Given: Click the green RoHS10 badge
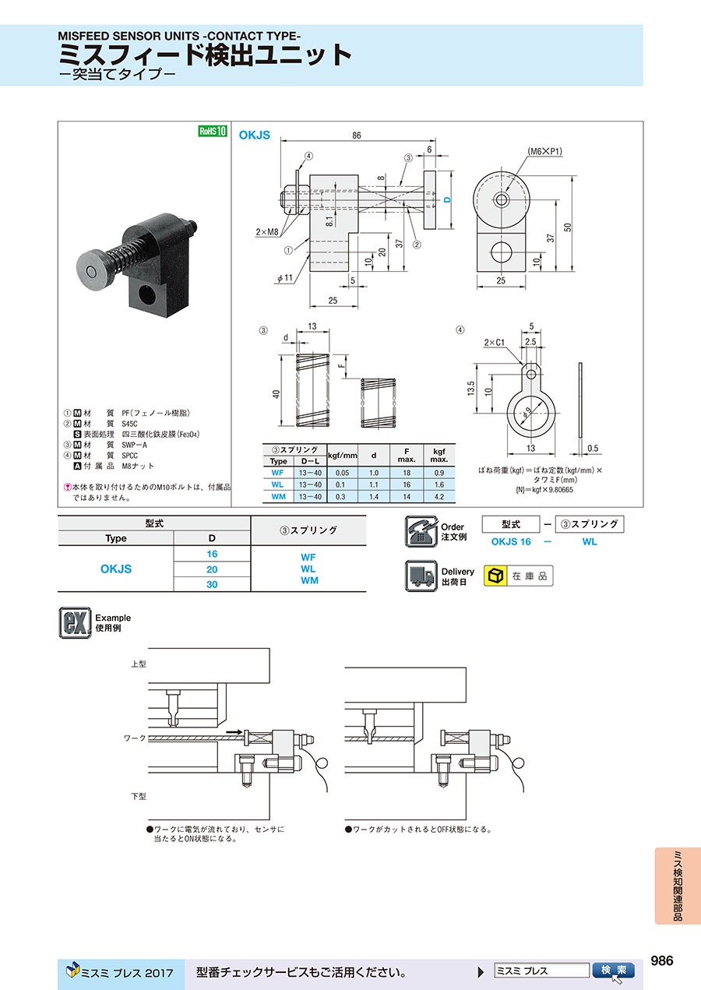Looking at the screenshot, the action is coord(212,131).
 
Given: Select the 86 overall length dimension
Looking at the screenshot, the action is coord(356,136).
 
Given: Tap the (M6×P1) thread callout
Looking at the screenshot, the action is coord(545,151).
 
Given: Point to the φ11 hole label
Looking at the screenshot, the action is coord(285,278).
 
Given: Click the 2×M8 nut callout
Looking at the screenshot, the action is coord(267,231).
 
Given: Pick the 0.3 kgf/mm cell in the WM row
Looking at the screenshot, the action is coord(340,497).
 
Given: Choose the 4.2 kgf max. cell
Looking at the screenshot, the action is coord(439,497).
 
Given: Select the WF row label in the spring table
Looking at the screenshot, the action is coord(277,473).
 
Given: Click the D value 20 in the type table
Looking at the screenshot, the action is coord(212,569).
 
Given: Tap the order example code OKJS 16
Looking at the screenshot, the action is coord(511,542).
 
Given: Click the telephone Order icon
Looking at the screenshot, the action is coord(421,531).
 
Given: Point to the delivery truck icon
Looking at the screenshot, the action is coord(421,576).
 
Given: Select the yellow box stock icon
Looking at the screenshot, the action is coord(495,576).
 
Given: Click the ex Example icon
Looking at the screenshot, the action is coord(75,622).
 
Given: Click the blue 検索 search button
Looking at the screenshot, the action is coord(614,970).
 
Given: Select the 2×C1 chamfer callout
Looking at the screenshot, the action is coord(494,343).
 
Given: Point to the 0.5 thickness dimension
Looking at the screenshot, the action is coord(593,448).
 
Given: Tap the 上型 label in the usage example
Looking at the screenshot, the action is coord(139,664).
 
